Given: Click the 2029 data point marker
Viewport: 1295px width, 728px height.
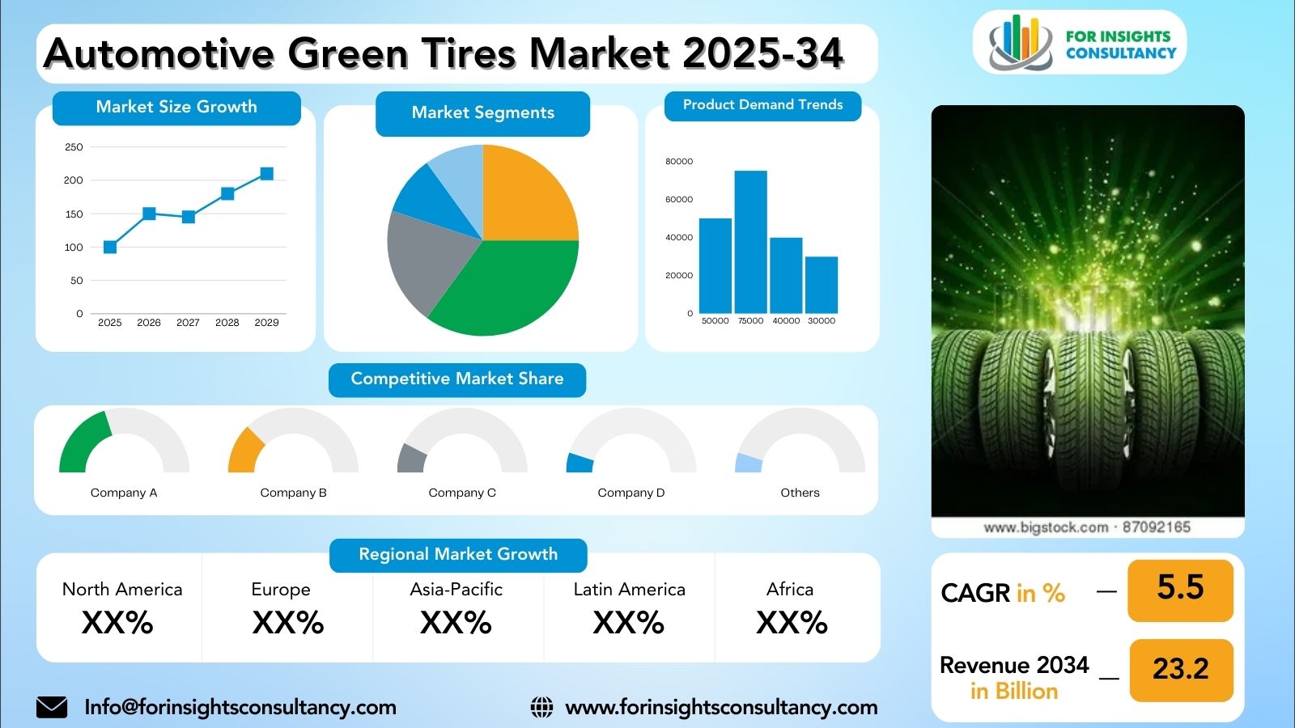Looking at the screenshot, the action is click(266, 174).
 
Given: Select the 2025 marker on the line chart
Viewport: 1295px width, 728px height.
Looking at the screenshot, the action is click(110, 248).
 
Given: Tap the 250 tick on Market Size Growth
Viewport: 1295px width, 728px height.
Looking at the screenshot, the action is click(74, 147).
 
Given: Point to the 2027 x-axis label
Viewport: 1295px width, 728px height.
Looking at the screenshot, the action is click(188, 323).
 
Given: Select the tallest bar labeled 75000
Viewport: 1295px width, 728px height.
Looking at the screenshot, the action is click(751, 242).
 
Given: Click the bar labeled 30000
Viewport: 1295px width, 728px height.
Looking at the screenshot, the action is click(822, 285).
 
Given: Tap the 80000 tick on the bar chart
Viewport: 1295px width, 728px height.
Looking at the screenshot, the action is click(679, 161).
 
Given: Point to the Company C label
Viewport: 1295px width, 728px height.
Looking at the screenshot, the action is click(462, 493).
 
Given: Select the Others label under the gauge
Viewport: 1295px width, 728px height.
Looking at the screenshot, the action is click(800, 493).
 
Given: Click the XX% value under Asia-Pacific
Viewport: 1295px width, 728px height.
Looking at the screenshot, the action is click(456, 623).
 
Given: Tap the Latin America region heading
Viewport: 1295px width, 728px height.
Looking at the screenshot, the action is click(629, 590).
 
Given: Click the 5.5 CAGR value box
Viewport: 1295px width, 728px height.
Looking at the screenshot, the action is click(1181, 590).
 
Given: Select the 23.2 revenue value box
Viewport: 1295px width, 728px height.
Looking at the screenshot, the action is click(1182, 671).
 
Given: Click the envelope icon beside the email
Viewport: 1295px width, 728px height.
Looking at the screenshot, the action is click(52, 707).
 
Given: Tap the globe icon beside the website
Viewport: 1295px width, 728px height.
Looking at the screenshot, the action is click(541, 707).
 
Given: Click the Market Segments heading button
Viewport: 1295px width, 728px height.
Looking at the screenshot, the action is click(482, 113).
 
